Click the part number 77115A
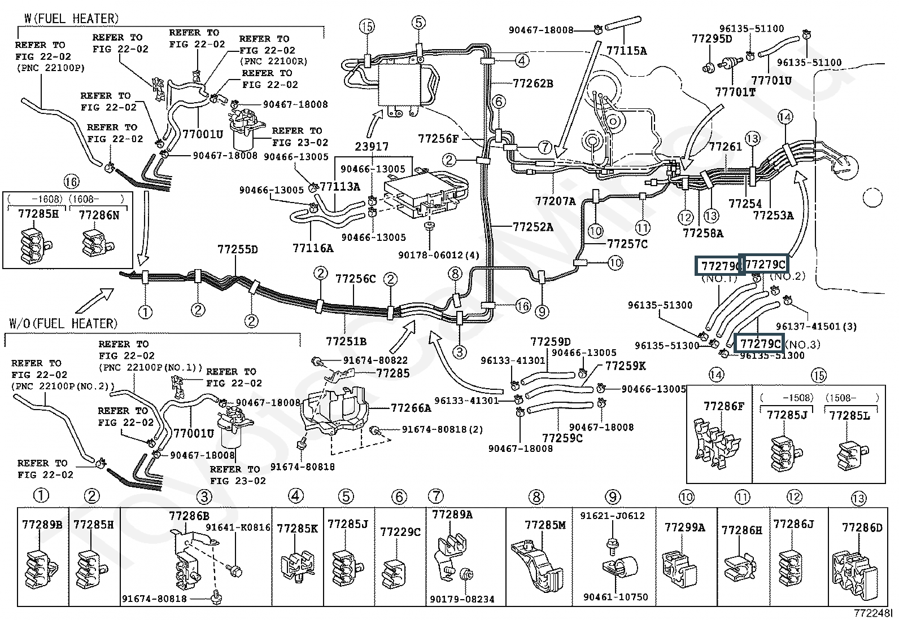(626, 50)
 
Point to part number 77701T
(735, 92)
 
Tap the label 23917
(372, 146)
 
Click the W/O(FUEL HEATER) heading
(63, 323)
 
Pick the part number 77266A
(411, 407)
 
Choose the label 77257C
(627, 244)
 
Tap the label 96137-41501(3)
(816, 326)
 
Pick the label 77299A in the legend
(684, 527)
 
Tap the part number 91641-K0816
(238, 527)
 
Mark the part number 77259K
(625, 366)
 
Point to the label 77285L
(849, 416)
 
